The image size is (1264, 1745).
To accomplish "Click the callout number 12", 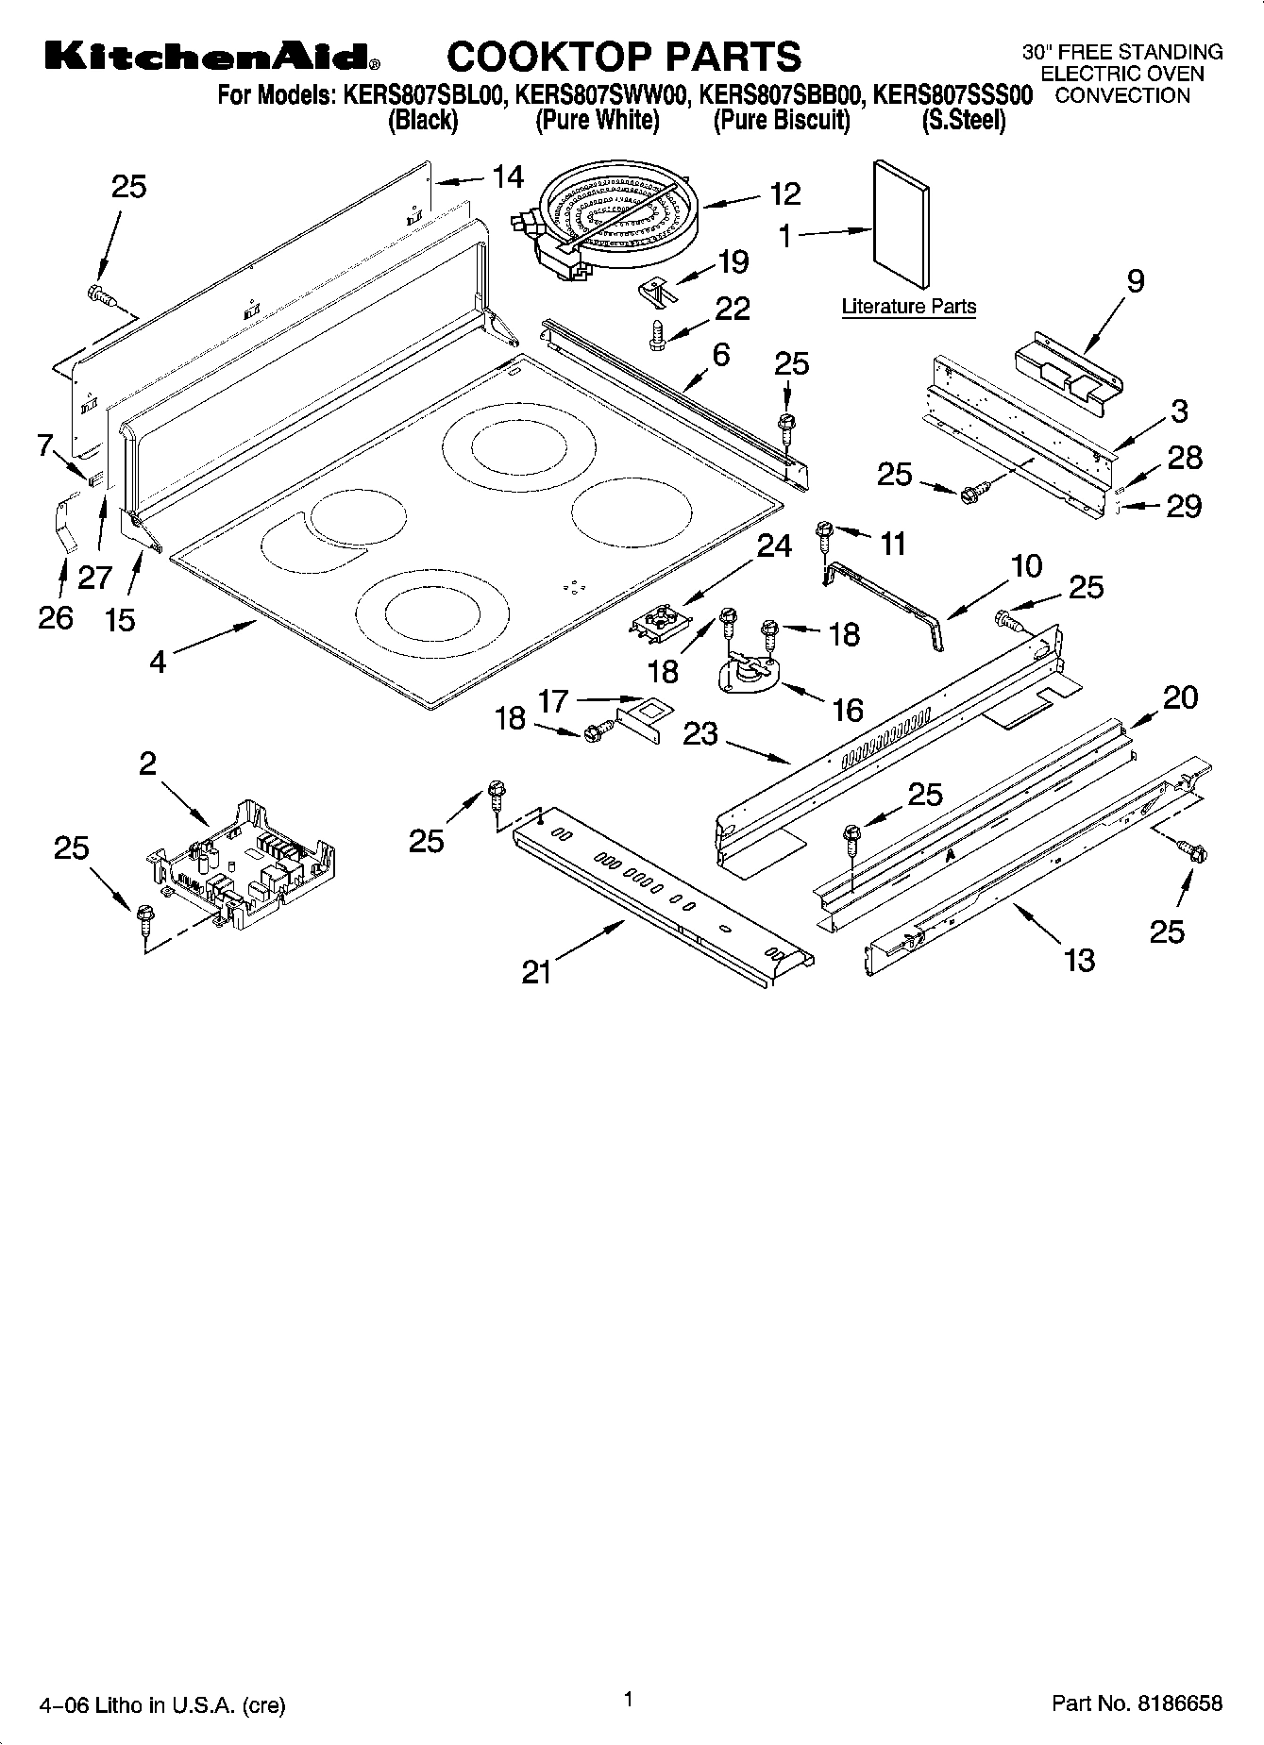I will (784, 194).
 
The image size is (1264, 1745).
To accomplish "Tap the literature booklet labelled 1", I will (901, 224).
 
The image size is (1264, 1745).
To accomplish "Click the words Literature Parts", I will (908, 307).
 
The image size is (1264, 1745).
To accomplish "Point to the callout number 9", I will (1136, 280).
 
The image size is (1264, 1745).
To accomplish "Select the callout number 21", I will (536, 971).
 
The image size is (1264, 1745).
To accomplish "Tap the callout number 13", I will (1079, 960).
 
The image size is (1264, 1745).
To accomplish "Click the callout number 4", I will (158, 662).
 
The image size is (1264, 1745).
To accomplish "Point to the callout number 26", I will (56, 617).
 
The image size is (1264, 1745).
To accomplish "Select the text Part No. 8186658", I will (1137, 1703).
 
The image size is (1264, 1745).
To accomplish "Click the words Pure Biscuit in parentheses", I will (782, 121).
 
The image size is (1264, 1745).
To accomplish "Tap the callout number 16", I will (848, 709).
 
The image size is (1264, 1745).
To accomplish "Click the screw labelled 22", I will (659, 335).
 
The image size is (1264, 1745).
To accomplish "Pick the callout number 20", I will (1180, 697).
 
